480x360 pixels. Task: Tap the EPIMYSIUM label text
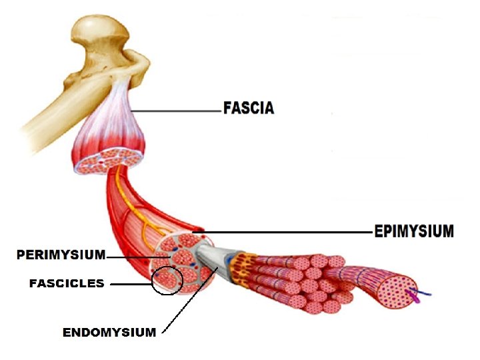pos(413,231)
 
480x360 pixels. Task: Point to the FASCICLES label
pos(67,283)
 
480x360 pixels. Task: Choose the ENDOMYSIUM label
pos(109,332)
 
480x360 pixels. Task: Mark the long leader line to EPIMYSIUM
pos(287,233)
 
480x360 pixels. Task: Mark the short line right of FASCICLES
pos(131,284)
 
